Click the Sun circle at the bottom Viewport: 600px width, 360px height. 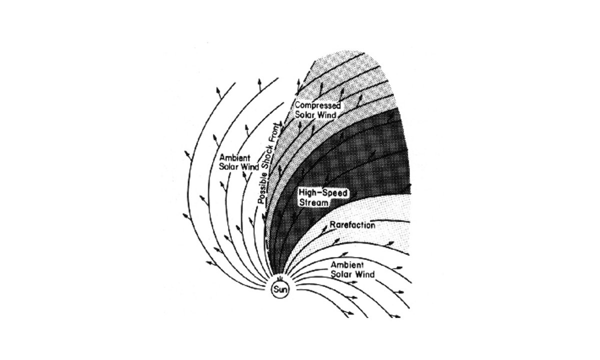click(x=280, y=290)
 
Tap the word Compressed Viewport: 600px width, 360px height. click(x=317, y=106)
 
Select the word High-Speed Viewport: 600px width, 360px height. click(x=323, y=193)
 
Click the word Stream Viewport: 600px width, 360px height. click(x=313, y=202)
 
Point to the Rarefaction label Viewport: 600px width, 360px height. click(x=352, y=225)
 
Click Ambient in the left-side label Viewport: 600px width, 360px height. click(x=234, y=158)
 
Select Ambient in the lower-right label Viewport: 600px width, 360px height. click(x=347, y=265)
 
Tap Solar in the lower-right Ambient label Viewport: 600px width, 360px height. click(x=341, y=274)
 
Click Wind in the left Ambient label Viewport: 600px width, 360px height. click(x=249, y=167)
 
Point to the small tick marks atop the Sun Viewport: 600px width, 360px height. click(x=279, y=279)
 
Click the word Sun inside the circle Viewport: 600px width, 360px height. click(x=280, y=290)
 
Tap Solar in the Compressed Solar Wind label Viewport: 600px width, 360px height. click(x=304, y=115)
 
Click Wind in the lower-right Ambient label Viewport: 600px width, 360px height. click(x=364, y=274)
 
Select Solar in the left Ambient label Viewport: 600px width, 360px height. click(x=229, y=167)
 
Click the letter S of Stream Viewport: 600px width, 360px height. click(x=302, y=202)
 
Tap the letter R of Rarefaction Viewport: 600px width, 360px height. click(x=332, y=225)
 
